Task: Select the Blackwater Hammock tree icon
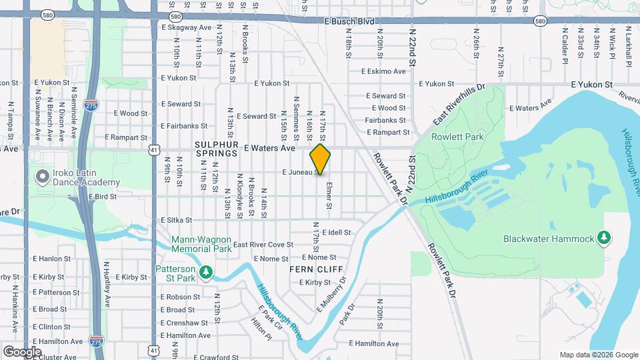(604, 238)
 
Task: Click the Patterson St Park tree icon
(207, 272)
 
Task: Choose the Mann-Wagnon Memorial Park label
(201, 244)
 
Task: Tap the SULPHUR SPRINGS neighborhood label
(216, 148)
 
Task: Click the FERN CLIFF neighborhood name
(316, 269)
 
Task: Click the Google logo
(23, 351)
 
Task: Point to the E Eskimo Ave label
(383, 71)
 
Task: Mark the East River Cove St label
(263, 245)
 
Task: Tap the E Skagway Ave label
(186, 28)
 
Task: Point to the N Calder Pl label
(564, 41)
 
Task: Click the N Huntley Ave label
(107, 283)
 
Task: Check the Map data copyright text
(599, 355)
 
